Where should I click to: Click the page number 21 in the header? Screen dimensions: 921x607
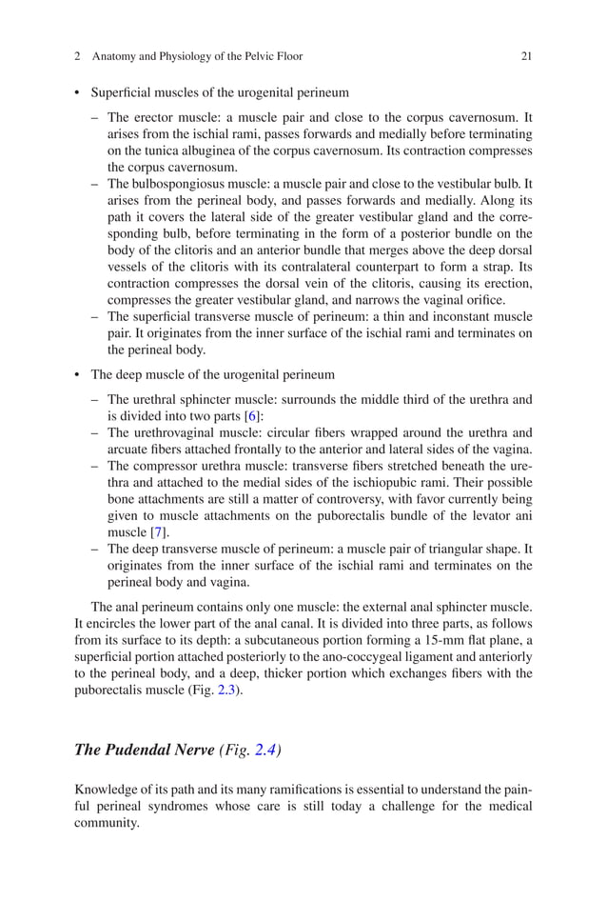click(x=526, y=56)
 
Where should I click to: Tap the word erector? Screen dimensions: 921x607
click(x=151, y=119)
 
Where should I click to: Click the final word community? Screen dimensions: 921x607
click(x=107, y=822)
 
